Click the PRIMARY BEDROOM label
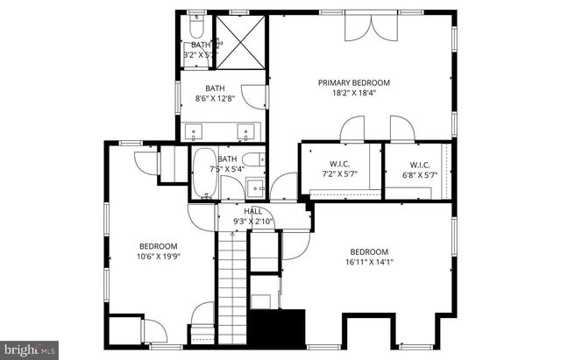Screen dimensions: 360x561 click(x=353, y=82)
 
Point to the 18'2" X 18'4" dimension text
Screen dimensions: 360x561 click(x=353, y=94)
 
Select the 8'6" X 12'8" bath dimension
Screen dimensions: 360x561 click(x=215, y=99)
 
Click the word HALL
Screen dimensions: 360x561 click(x=252, y=211)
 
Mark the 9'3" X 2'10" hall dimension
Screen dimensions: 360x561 click(x=252, y=222)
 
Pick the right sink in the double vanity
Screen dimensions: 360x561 click(x=246, y=133)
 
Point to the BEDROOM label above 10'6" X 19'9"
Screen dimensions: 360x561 click(x=159, y=245)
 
